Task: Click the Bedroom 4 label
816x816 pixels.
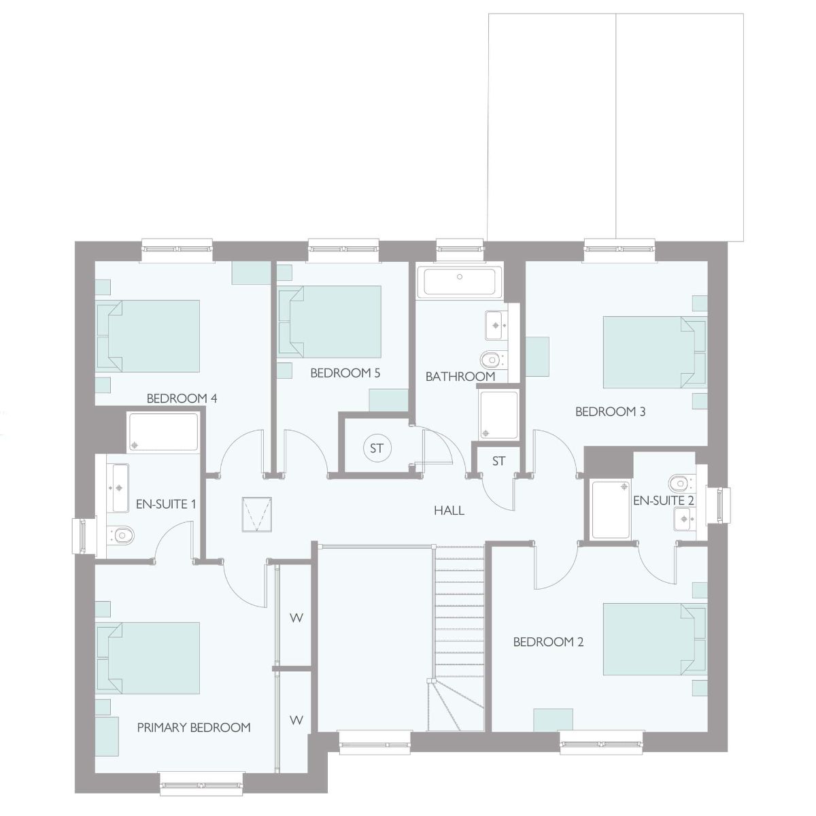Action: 182,398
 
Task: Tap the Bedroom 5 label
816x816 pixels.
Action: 345,373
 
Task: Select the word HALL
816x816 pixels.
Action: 449,510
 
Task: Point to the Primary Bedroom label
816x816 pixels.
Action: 194,728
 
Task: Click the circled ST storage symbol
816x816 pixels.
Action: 377,448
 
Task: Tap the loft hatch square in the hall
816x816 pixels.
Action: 256,514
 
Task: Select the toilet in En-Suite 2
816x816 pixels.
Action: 681,483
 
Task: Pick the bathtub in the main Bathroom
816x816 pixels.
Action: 459,281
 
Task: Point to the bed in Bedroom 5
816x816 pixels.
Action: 329,322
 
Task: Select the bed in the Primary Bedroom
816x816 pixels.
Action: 148,658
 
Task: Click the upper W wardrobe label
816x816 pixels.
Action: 296,618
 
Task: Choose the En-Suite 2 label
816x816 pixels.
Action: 664,500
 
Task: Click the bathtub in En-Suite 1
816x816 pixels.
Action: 163,432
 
